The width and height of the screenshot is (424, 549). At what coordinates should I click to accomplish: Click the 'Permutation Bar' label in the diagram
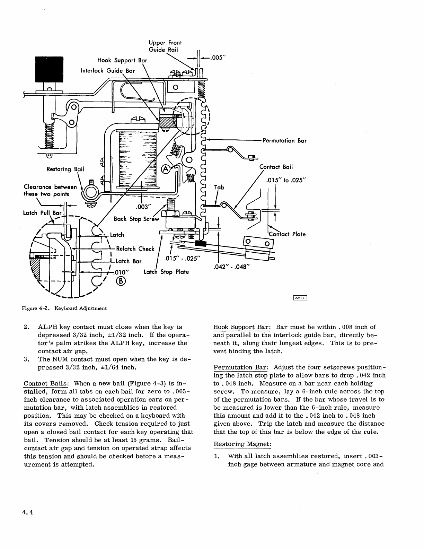tap(284, 141)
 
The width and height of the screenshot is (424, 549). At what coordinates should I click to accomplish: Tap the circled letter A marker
tap(166, 169)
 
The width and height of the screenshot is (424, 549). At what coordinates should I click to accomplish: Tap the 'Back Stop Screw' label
tap(136, 219)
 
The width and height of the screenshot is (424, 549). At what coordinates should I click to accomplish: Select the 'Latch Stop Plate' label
tap(166, 272)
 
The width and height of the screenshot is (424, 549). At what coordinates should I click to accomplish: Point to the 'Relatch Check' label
tap(135, 249)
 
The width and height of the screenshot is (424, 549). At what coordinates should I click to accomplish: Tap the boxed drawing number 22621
tap(300, 297)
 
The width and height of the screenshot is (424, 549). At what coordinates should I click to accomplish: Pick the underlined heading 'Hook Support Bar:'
tap(242, 327)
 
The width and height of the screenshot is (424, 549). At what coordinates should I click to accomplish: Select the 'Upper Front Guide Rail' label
tap(165, 46)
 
